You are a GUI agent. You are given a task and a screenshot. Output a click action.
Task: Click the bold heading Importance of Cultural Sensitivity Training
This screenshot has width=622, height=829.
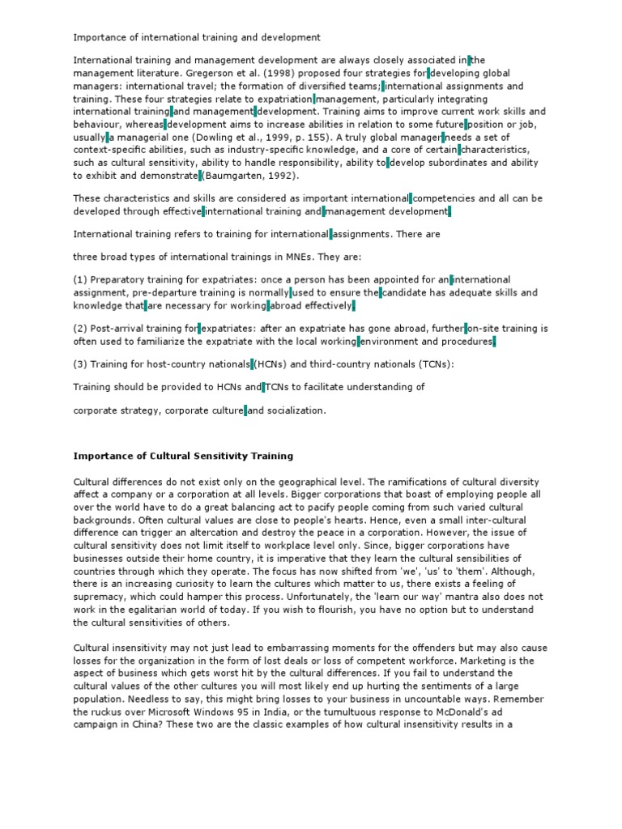(183, 457)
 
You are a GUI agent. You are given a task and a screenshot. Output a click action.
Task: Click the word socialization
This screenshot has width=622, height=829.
(296, 410)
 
